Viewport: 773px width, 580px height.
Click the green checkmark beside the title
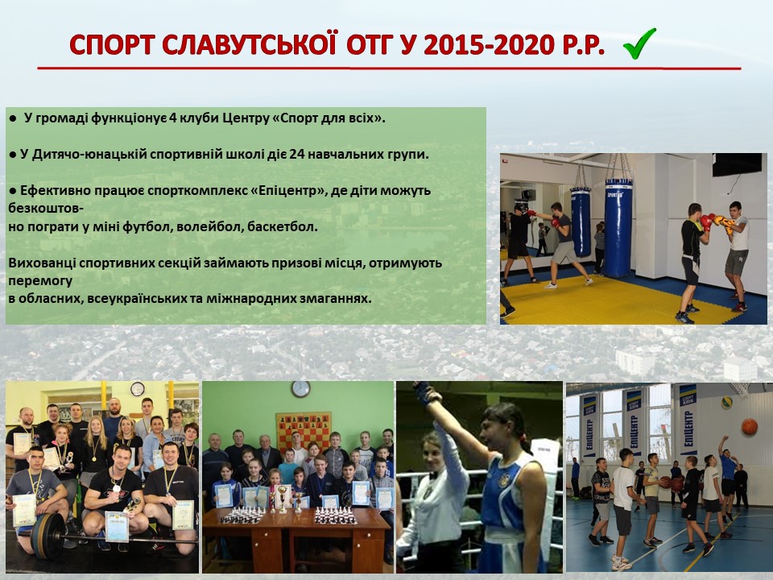point(639,43)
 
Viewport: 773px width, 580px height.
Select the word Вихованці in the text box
point(42,263)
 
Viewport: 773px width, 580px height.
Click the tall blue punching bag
point(618,227)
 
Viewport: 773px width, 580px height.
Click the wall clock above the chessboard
point(300,389)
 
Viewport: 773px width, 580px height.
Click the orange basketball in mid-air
point(749,426)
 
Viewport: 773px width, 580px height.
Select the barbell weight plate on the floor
point(48,536)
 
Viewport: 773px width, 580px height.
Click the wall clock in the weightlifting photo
point(138,389)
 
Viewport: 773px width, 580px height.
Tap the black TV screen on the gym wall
point(737,164)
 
